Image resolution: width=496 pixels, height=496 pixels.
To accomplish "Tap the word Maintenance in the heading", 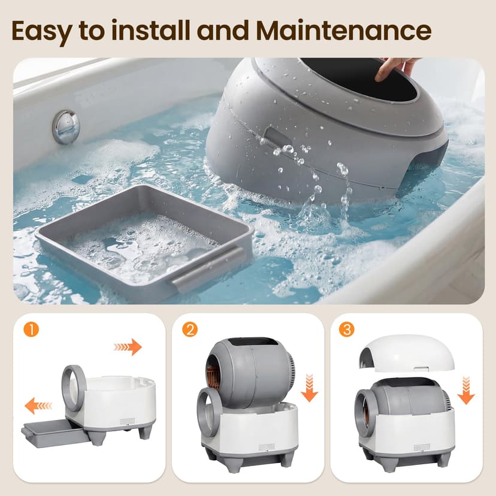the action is point(343,31).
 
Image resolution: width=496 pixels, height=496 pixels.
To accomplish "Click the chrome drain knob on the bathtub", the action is point(66,126).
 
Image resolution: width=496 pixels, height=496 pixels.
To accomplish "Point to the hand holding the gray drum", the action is point(395,68).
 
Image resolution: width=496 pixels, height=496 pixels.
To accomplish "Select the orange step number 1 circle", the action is point(31,329).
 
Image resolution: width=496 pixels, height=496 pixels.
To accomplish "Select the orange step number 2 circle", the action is point(190,329).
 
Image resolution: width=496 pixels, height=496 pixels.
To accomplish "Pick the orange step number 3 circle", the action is point(347,329).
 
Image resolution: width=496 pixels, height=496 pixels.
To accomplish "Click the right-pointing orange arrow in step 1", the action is point(128,347).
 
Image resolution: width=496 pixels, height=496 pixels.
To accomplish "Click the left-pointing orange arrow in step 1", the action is point(38,406).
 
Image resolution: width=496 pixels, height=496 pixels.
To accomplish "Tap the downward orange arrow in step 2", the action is point(309,388).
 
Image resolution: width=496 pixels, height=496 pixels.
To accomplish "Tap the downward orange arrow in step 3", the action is point(466,391).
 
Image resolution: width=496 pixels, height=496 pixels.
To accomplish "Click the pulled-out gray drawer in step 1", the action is point(55,433).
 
